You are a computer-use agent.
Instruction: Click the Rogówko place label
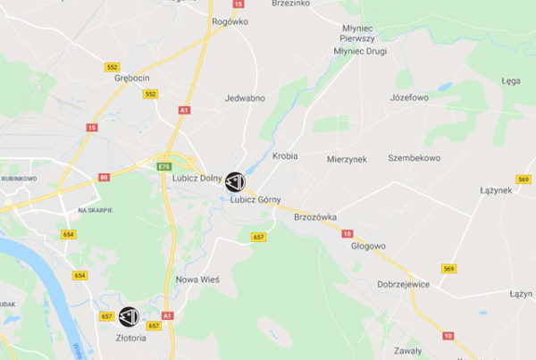[230, 21]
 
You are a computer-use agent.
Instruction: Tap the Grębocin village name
[132, 78]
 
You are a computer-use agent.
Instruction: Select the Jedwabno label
[246, 97]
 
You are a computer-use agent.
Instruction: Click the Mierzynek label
[347, 157]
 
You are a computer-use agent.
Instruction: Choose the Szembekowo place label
[414, 157]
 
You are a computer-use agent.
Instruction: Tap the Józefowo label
[409, 97]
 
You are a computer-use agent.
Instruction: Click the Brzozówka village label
[314, 216]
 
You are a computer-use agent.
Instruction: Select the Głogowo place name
[368, 246]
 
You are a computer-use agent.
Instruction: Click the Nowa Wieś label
[197, 280]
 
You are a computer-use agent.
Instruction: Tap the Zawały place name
[407, 350]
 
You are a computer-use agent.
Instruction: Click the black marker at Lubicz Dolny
[234, 181]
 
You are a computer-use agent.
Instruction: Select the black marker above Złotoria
[129, 315]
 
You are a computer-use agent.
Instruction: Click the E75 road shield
[164, 166]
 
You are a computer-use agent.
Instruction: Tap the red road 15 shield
[91, 128]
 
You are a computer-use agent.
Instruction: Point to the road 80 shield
[105, 178]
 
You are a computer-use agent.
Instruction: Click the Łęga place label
[511, 80]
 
